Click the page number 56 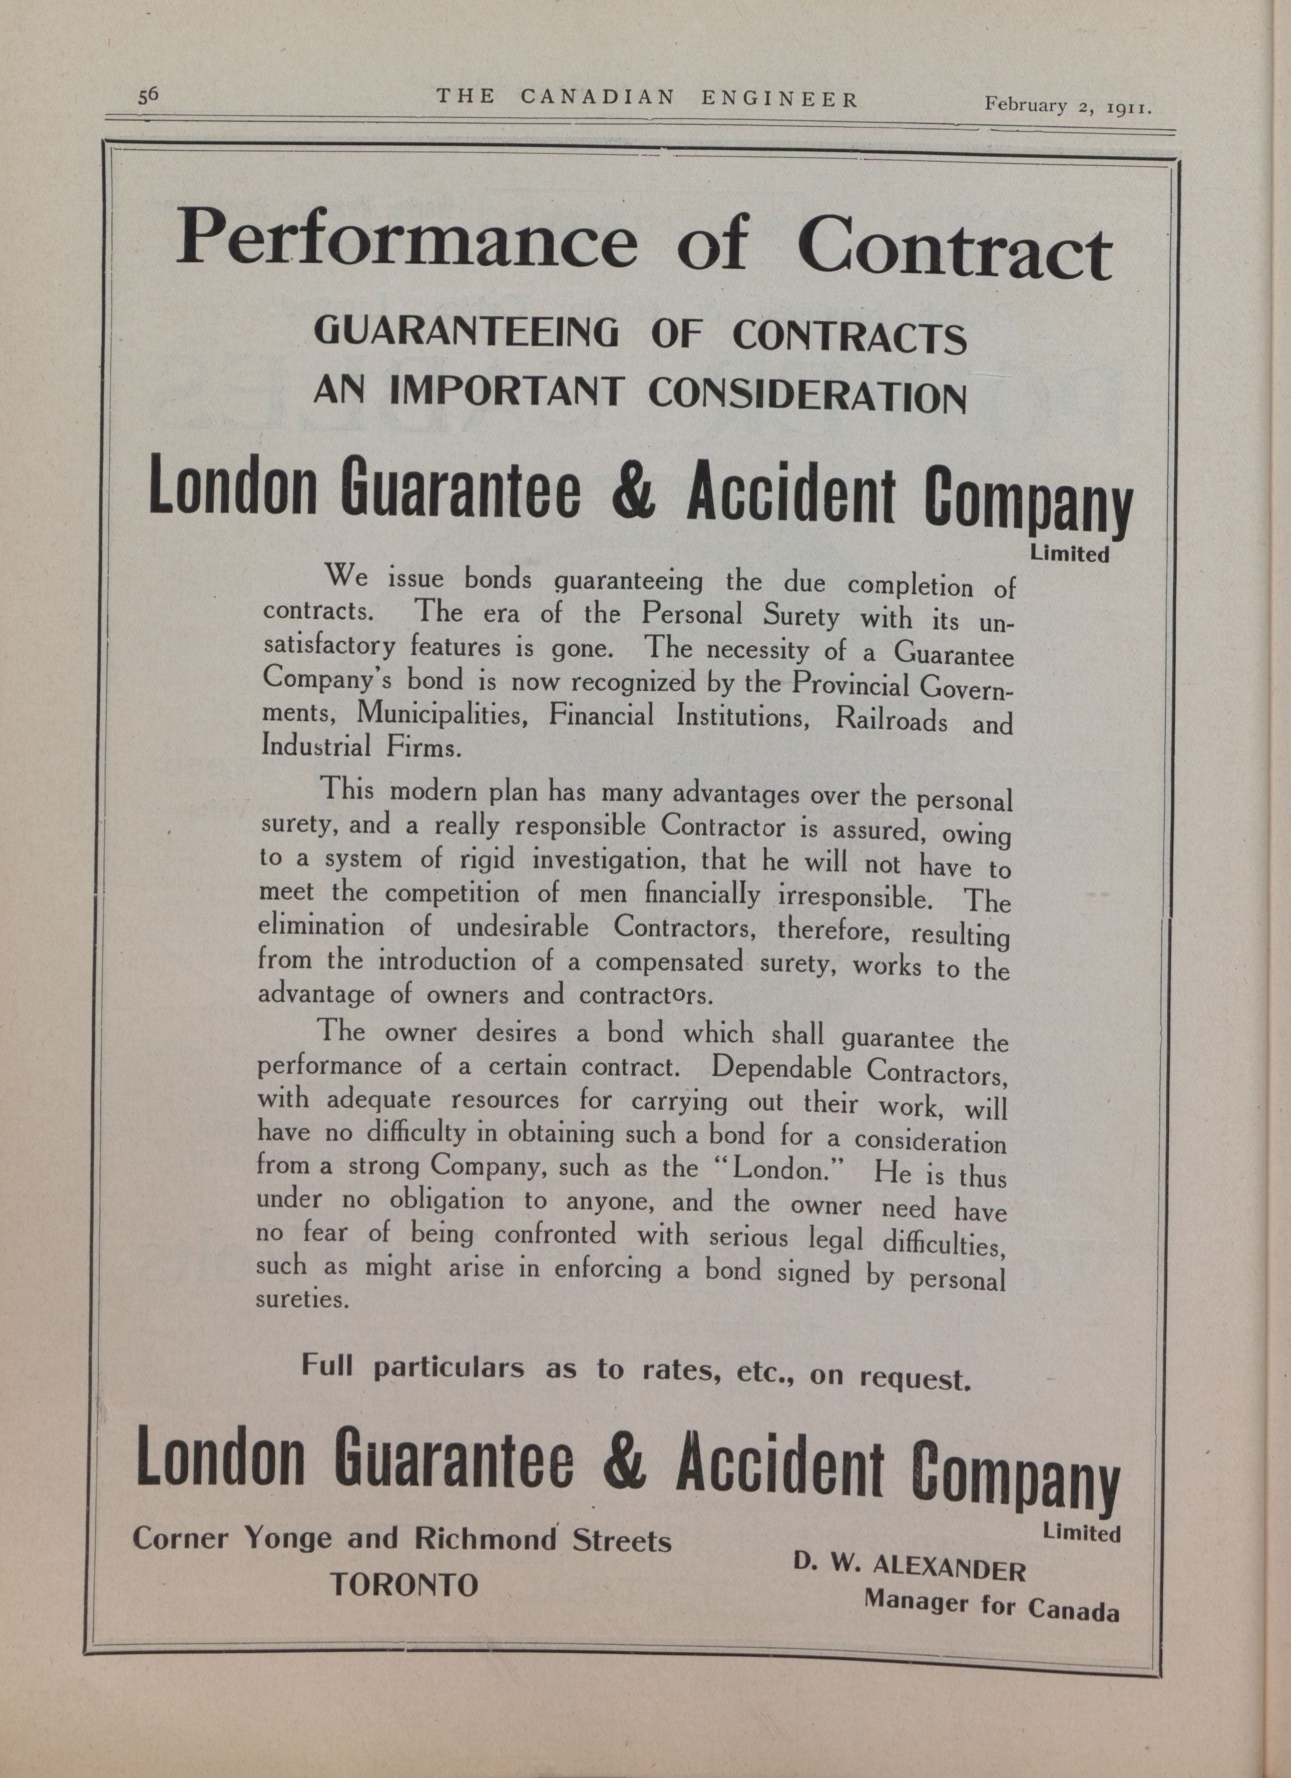click(x=149, y=95)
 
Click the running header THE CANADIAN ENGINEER click(x=647, y=98)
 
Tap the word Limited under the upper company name click(x=1069, y=554)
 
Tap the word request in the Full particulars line click(x=914, y=1379)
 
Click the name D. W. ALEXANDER click(x=909, y=1568)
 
